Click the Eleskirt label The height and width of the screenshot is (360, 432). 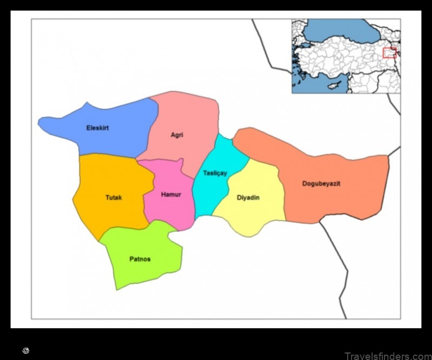(97, 128)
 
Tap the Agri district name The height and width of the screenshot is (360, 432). (177, 135)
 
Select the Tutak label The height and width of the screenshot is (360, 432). (113, 198)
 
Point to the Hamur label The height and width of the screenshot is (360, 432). (171, 194)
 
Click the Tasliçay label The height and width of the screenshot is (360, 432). (215, 173)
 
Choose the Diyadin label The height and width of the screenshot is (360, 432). (248, 198)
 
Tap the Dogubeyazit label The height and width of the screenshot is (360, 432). (321, 184)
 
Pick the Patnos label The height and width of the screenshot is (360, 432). (140, 259)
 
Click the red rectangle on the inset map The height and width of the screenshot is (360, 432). (389, 52)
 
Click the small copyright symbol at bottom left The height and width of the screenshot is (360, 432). (25, 351)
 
